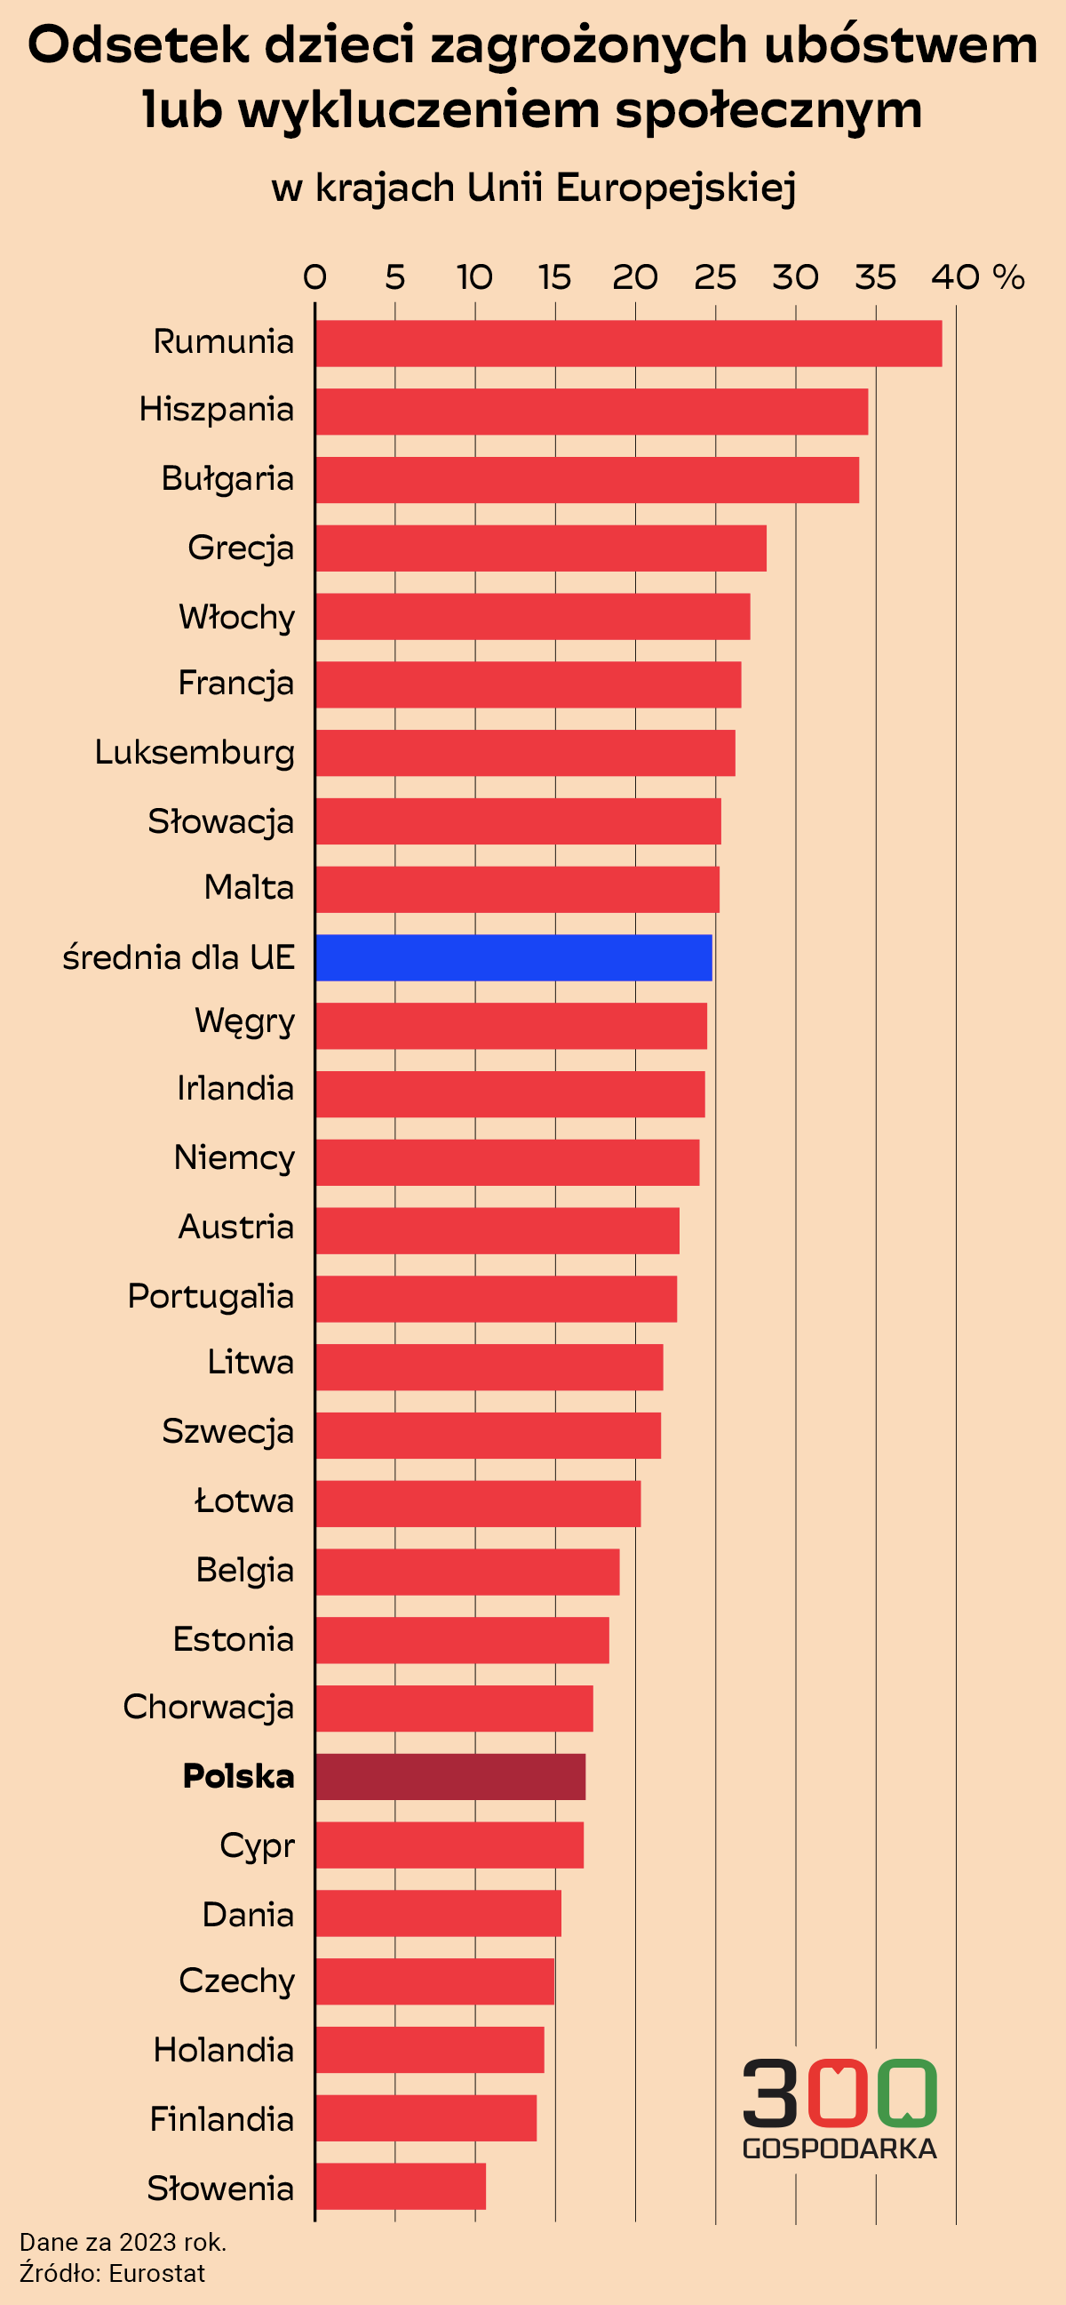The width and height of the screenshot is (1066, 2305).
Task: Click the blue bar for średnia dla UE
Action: pos(513,957)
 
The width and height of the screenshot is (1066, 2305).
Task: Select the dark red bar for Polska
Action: pos(449,1776)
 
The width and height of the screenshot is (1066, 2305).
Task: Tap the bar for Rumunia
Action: pos(628,344)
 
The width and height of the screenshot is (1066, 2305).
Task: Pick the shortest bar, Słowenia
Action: pos(400,2186)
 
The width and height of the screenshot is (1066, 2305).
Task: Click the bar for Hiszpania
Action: pos(591,412)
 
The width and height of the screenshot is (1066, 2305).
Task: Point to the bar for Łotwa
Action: pos(478,1503)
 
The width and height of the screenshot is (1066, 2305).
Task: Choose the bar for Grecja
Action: pos(540,548)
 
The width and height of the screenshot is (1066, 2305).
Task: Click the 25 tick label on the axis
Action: pos(714,277)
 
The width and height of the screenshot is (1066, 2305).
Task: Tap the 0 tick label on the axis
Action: pos(314,277)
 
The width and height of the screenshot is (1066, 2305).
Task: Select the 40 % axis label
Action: pos(976,277)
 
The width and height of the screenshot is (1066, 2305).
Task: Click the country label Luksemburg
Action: pos(194,753)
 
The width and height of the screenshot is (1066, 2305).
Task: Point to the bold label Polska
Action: pos(238,1776)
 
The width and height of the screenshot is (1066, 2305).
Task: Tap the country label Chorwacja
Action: pos(208,1708)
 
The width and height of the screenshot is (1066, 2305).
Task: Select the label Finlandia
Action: pos(221,2119)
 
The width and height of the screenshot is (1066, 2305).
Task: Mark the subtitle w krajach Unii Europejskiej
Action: pos(533,188)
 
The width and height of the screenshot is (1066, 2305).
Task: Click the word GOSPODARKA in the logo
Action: pos(839,2149)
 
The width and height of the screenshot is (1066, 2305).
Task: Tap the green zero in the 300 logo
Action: pos(907,2093)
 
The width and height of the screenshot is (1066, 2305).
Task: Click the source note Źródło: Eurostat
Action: pos(113,2273)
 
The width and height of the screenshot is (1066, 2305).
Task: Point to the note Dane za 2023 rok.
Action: pos(123,2243)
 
